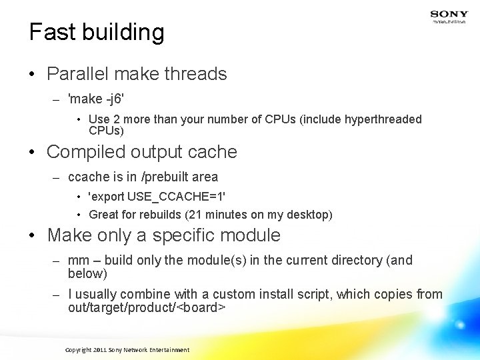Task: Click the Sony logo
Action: pyautogui.click(x=449, y=15)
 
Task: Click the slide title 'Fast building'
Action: pyautogui.click(x=97, y=32)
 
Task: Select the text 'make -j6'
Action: pyautogui.click(x=96, y=99)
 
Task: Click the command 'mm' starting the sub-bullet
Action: pyautogui.click(x=78, y=260)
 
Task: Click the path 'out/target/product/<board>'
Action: pyautogui.click(x=147, y=307)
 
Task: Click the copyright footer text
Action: pyautogui.click(x=127, y=350)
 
